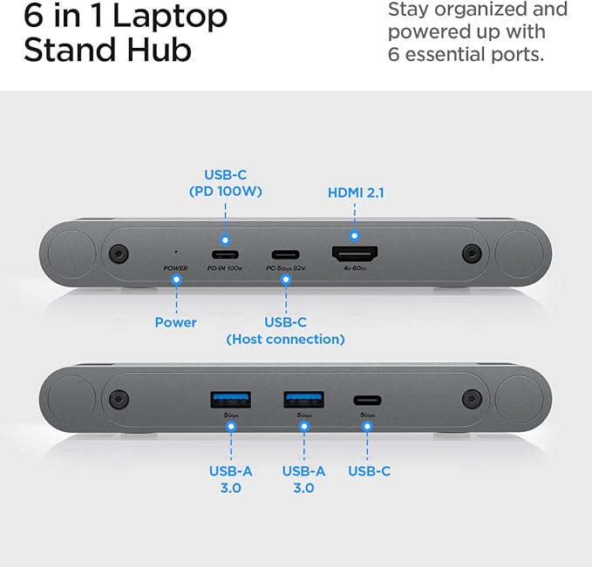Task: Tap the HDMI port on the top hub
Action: [354, 254]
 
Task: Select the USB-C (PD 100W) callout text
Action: [226, 182]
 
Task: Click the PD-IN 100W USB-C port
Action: [225, 254]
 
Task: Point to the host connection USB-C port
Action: [285, 254]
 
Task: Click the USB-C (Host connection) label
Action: [285, 330]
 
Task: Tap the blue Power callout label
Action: [175, 322]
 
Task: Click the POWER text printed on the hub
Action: [175, 268]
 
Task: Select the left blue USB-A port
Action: [231, 400]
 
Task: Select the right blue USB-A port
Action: [303, 400]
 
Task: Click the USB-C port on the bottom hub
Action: [367, 401]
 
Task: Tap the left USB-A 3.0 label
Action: [230, 479]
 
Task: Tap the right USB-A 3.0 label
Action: [303, 479]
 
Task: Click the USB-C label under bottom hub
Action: [369, 471]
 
